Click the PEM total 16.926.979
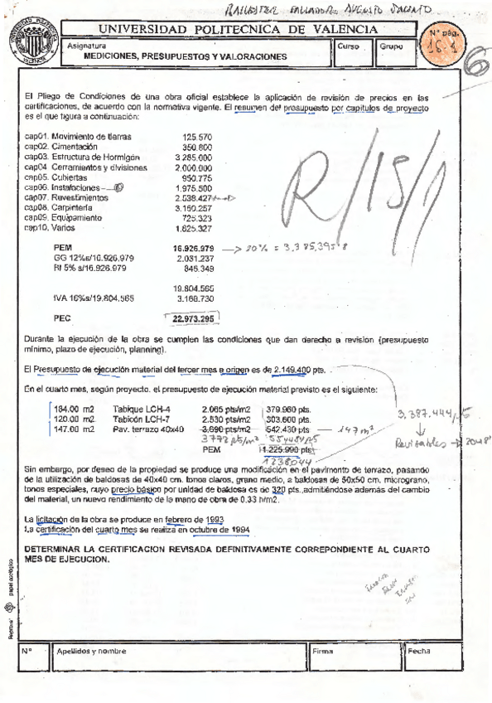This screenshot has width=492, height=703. coord(193,248)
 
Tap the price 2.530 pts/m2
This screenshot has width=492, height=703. coord(225,420)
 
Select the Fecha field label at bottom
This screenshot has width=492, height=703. coord(421,652)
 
